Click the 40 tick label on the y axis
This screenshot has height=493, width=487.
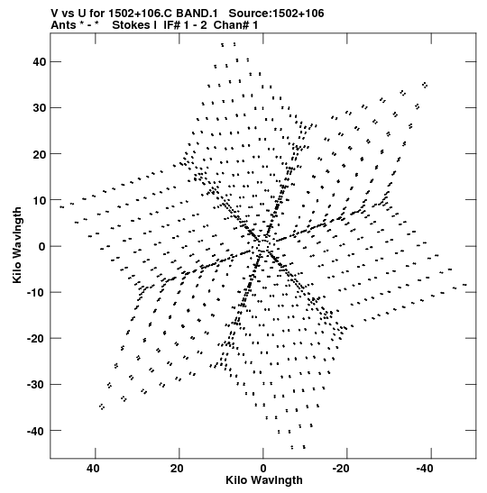point(39,62)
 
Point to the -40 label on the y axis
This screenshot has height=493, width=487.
point(36,431)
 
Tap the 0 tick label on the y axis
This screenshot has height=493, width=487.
point(42,247)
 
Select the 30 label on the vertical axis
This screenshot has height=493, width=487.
point(39,108)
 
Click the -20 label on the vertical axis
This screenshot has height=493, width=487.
point(36,339)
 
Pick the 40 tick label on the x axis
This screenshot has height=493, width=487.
point(94,469)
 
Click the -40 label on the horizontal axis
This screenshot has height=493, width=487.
point(425,469)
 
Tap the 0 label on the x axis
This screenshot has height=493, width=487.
point(263,469)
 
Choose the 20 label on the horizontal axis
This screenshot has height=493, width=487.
point(177,469)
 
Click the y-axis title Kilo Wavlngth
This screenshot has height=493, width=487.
point(17,245)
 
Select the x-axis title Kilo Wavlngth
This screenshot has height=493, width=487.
point(264,480)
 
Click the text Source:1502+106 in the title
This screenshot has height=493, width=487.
point(276,14)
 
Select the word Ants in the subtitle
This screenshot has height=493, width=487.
point(63,25)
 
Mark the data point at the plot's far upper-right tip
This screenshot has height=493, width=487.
point(425,85)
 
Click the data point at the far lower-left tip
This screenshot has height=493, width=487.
point(102,406)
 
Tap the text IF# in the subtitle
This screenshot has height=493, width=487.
point(171,25)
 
